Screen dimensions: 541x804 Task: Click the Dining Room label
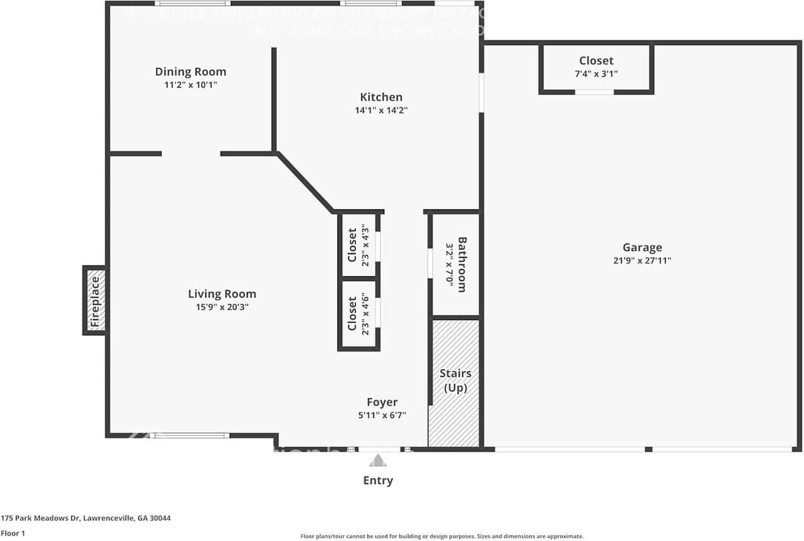click(190, 72)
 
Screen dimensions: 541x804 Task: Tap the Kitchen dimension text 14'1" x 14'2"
click(381, 110)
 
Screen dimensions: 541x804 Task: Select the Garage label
click(642, 247)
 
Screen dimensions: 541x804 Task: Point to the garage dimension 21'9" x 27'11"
click(642, 260)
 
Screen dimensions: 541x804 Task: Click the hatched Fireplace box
click(94, 300)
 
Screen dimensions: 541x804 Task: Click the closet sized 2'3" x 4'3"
click(359, 245)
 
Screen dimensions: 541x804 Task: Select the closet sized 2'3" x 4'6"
click(359, 314)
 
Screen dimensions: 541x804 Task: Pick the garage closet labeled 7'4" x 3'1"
click(596, 67)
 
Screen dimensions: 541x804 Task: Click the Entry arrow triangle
click(378, 461)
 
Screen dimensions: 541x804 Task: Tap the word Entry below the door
click(378, 481)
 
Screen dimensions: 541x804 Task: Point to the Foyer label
click(382, 402)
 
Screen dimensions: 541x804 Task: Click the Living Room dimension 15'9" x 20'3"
click(222, 307)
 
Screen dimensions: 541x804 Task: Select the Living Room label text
click(222, 294)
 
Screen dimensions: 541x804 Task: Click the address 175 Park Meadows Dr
click(85, 518)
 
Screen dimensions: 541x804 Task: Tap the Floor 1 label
click(14, 533)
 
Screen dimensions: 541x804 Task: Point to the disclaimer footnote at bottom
click(442, 537)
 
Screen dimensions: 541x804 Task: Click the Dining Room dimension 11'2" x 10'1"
click(190, 85)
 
